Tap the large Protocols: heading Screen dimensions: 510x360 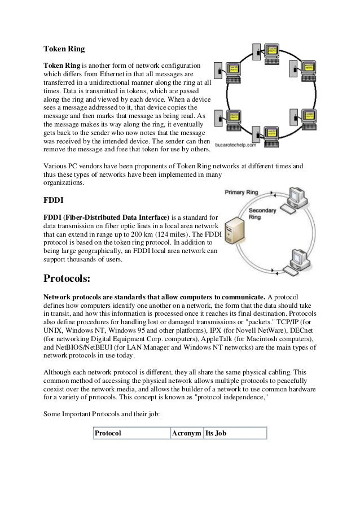pyautogui.click(x=74, y=278)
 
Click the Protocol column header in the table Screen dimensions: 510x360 pyautogui.click(x=108, y=433)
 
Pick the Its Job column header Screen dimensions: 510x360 pyautogui.click(x=217, y=433)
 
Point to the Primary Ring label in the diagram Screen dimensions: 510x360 pyautogui.click(x=242, y=193)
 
